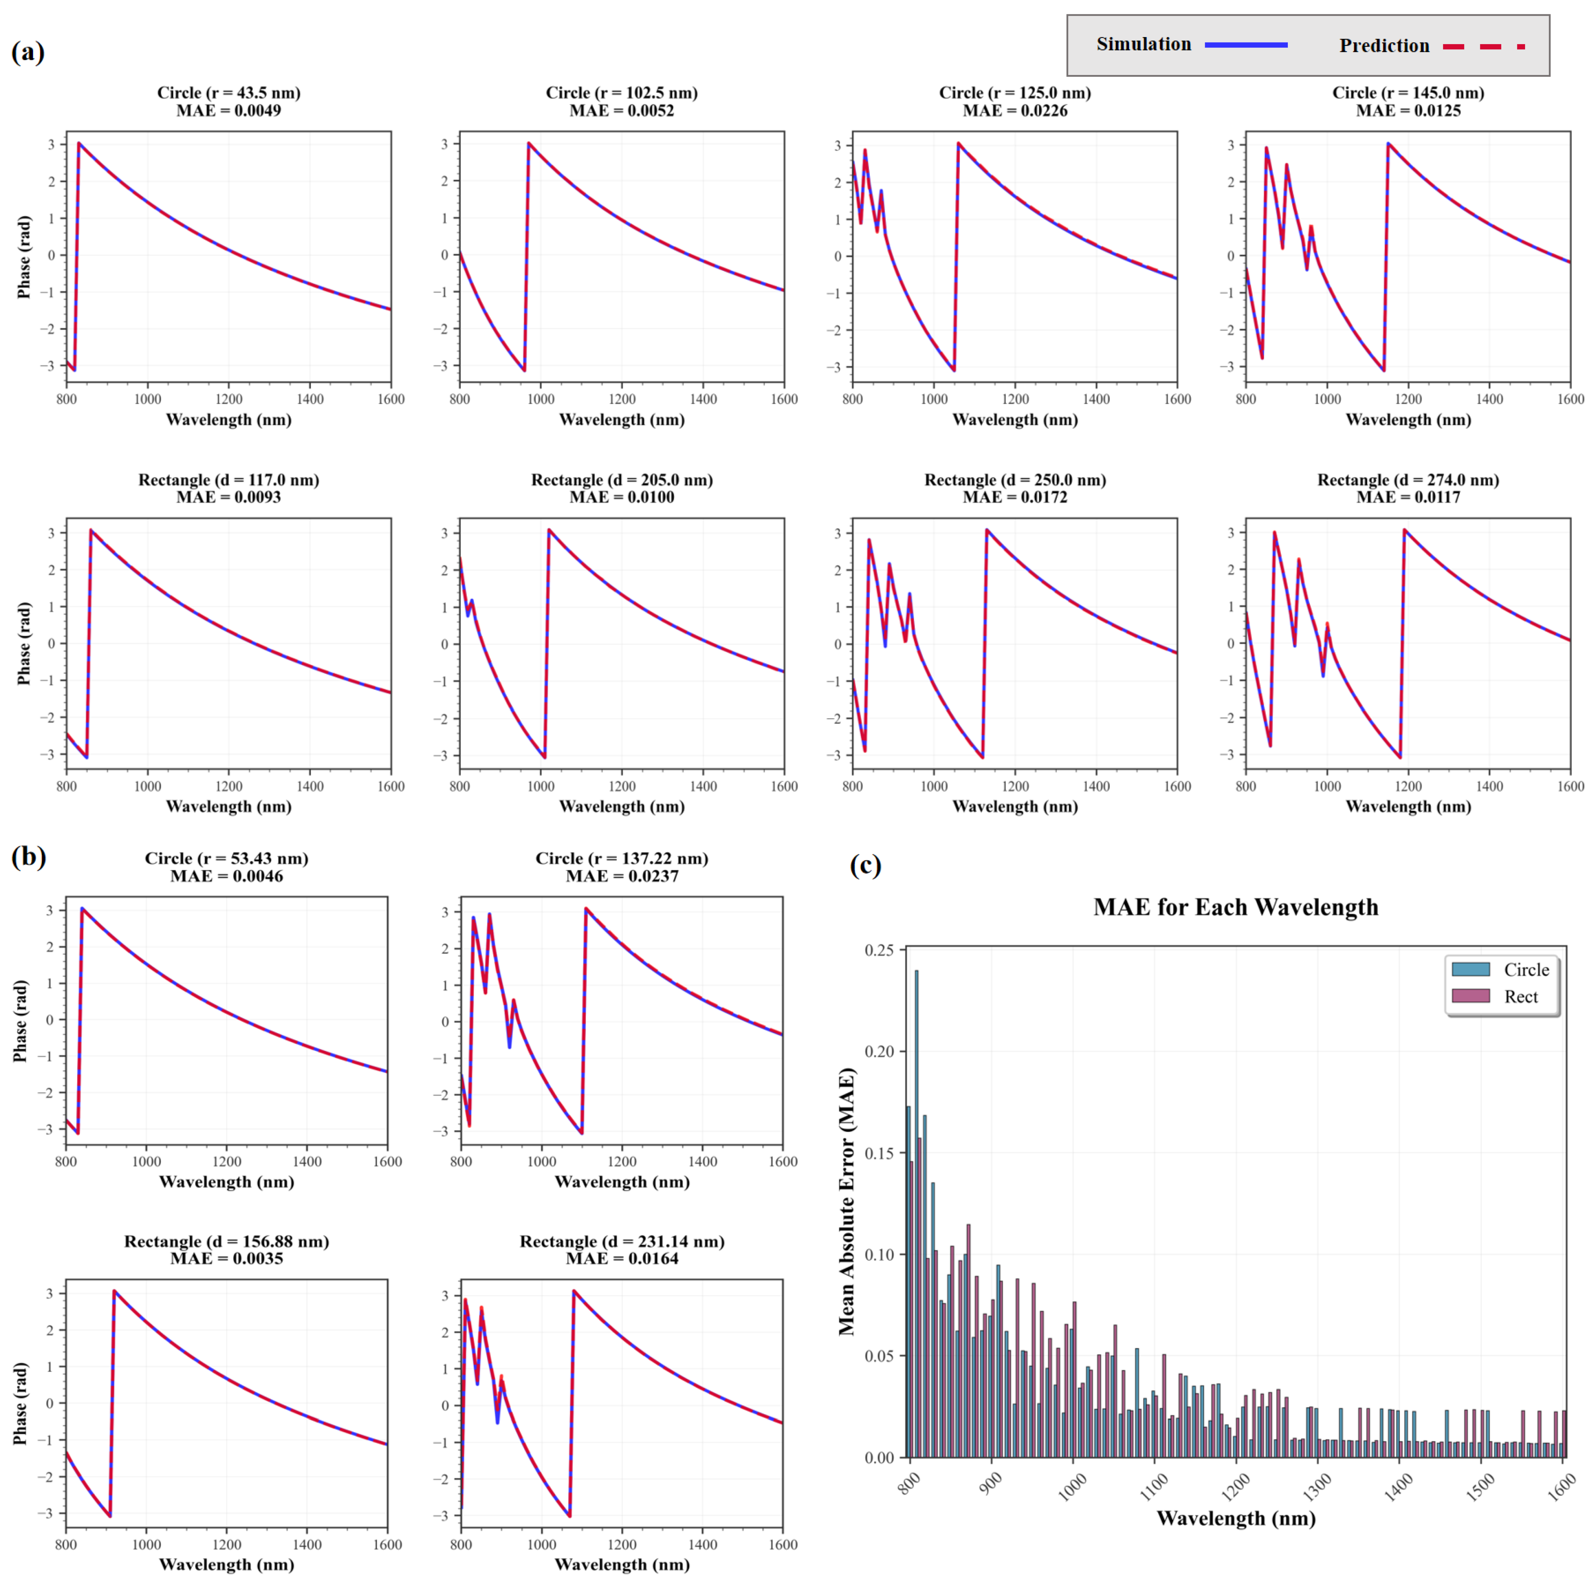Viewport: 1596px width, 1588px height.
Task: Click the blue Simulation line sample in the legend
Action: [x=1246, y=44]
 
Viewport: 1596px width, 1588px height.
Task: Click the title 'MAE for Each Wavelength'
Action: [x=1235, y=907]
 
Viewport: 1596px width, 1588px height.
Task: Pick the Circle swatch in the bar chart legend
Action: [x=1470, y=969]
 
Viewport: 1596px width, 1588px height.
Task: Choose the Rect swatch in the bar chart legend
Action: [x=1470, y=996]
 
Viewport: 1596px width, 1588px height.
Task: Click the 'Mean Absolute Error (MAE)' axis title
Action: [x=847, y=1202]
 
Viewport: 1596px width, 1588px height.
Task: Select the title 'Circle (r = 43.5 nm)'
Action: [x=229, y=93]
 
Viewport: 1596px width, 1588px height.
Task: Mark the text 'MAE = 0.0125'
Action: [x=1408, y=111]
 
